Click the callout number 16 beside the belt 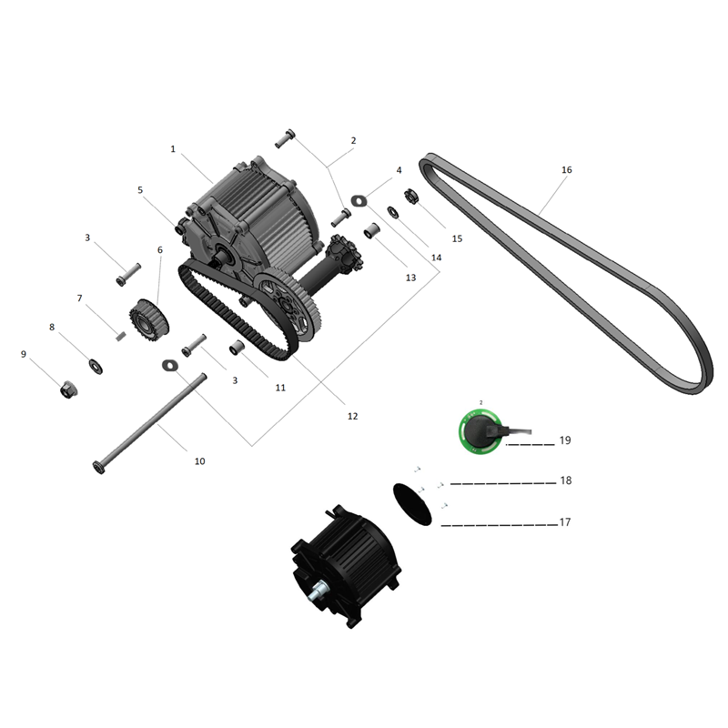pyautogui.click(x=567, y=170)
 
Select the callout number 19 pyautogui.click(x=565, y=440)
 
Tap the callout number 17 pyautogui.click(x=565, y=522)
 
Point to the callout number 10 pyautogui.click(x=200, y=461)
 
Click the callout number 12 pyautogui.click(x=352, y=416)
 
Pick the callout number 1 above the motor pyautogui.click(x=172, y=148)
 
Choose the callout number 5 pyautogui.click(x=140, y=190)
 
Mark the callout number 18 pyautogui.click(x=565, y=480)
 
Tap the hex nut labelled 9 pyautogui.click(x=67, y=390)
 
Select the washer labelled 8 pyautogui.click(x=96, y=366)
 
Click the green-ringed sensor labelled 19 pyautogui.click(x=480, y=430)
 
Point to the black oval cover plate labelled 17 pyautogui.click(x=414, y=502)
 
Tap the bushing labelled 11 pyautogui.click(x=236, y=349)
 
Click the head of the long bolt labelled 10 pyautogui.click(x=98, y=468)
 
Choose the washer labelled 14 pyautogui.click(x=392, y=213)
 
